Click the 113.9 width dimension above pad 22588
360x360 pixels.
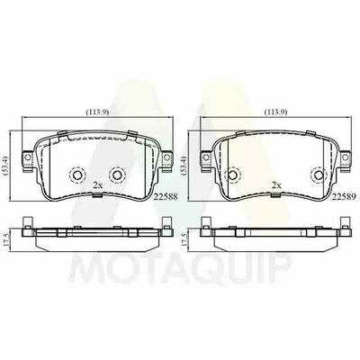click(x=97, y=112)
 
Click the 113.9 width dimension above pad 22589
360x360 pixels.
click(x=276, y=112)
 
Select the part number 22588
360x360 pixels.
click(x=166, y=196)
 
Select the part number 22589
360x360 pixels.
click(x=344, y=196)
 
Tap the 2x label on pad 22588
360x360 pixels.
click(x=97, y=185)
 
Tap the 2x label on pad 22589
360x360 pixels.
click(x=275, y=185)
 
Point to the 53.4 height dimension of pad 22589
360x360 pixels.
click(x=184, y=165)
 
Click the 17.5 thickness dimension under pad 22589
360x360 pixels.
click(x=184, y=239)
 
